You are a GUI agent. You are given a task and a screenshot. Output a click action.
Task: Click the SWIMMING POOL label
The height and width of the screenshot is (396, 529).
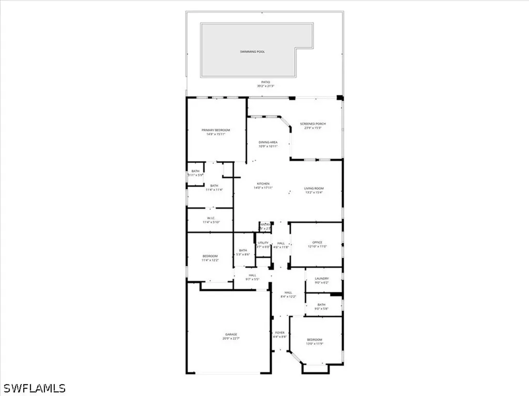[252, 52]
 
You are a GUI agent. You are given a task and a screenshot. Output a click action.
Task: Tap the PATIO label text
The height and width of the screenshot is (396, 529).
[265, 82]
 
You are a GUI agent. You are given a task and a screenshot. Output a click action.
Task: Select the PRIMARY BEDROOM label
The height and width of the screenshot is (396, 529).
[215, 130]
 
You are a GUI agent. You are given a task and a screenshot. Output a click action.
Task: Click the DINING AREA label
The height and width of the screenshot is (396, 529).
[268, 142]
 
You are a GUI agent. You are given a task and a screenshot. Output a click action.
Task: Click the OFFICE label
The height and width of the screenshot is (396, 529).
[317, 242]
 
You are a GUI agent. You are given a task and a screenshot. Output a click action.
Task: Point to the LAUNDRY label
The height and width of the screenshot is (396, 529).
[321, 278]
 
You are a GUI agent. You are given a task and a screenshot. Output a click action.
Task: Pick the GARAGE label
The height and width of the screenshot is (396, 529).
[230, 334]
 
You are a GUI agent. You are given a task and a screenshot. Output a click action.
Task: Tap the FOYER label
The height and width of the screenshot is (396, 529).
[279, 333]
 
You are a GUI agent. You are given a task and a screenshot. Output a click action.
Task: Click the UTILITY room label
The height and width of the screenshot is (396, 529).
[263, 243]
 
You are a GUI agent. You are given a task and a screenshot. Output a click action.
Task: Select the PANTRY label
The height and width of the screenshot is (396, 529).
[265, 225]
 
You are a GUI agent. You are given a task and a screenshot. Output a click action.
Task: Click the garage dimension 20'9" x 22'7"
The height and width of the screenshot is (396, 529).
[230, 339]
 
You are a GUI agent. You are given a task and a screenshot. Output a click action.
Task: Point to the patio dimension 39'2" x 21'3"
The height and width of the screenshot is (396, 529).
[265, 86]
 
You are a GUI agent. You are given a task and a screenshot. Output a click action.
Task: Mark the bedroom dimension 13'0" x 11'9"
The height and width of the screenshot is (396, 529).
[315, 344]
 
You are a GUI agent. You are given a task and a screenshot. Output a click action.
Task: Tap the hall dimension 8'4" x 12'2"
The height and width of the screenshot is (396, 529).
[288, 296]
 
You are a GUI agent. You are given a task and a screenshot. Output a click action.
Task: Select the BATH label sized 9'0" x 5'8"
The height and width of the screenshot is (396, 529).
[321, 305]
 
